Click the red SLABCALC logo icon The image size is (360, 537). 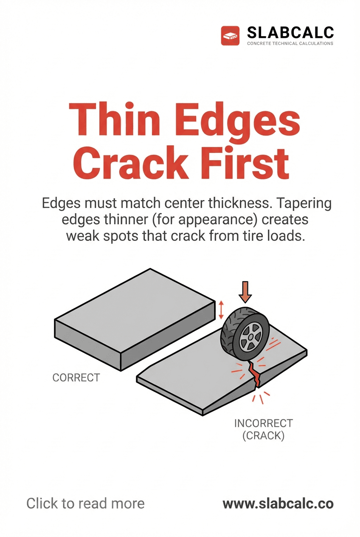[x=231, y=36]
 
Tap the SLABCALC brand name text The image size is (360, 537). [x=290, y=32]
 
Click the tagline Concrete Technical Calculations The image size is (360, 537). [x=290, y=43]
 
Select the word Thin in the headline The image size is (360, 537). [x=112, y=119]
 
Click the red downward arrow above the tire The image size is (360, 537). [x=245, y=292]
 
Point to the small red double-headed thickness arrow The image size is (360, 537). [x=221, y=310]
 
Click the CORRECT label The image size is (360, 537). [x=76, y=377]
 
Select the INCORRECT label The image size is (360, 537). [x=263, y=423]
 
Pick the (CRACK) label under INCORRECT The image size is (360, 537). [x=263, y=436]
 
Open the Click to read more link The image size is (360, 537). [x=85, y=504]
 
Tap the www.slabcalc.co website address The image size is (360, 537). [x=278, y=504]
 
